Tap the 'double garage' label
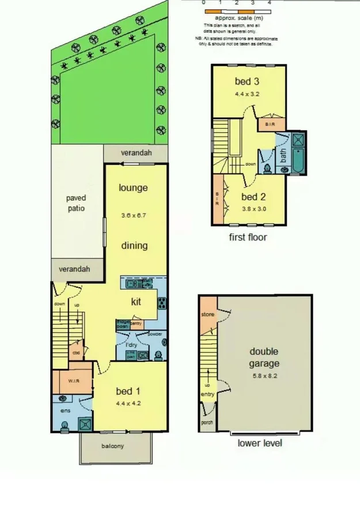click(264, 357)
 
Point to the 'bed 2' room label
click(253, 196)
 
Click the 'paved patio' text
click(75, 203)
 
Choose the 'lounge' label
click(133, 188)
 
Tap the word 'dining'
click(134, 246)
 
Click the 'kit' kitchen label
click(136, 301)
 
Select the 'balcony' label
click(113, 446)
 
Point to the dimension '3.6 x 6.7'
click(134, 216)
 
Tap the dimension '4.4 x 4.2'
click(128, 403)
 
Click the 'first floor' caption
click(248, 237)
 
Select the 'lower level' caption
click(260, 443)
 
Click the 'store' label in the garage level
click(207, 315)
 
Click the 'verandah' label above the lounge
click(137, 153)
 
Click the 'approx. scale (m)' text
click(236, 18)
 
